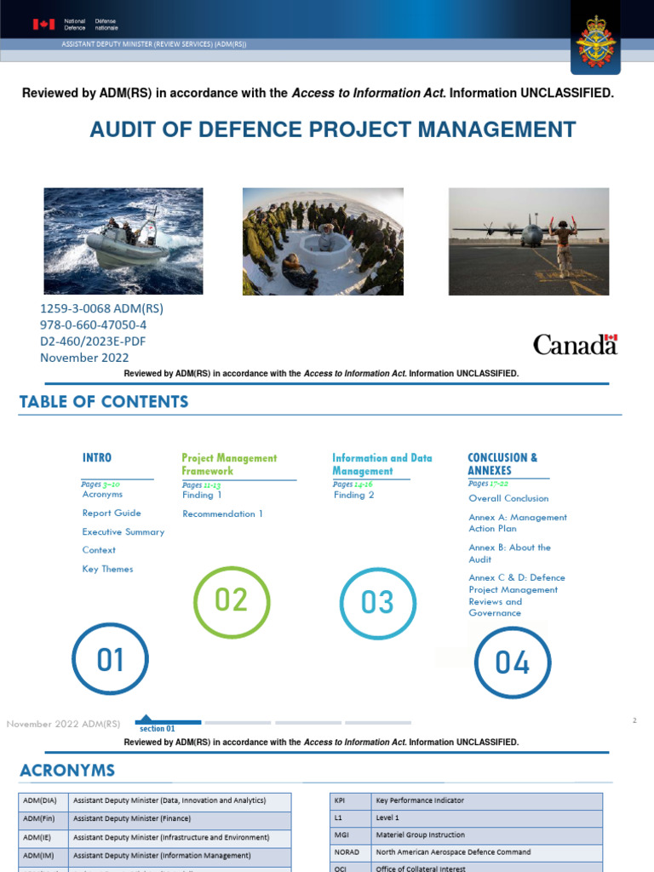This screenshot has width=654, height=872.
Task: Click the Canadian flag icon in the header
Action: point(43,24)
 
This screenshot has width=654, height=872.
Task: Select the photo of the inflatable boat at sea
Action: point(123,241)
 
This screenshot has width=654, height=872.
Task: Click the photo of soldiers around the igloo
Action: point(323,241)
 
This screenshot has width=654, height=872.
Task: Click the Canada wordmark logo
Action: point(575,344)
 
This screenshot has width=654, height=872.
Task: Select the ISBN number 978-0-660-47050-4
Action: point(93,324)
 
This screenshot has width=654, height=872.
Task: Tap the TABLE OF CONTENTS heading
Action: point(104,401)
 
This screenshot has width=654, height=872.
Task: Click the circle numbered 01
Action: point(111,659)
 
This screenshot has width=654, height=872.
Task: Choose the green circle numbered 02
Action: point(231,600)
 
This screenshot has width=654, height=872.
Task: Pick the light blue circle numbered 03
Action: point(377,603)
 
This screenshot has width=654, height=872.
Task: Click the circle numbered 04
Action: point(512,662)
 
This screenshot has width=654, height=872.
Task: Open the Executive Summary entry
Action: point(123,531)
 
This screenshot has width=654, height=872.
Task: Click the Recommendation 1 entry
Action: point(222,513)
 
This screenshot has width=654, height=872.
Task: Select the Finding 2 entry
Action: point(353,495)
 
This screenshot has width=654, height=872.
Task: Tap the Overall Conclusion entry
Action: point(508,498)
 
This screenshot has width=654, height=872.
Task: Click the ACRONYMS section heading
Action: point(67,771)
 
